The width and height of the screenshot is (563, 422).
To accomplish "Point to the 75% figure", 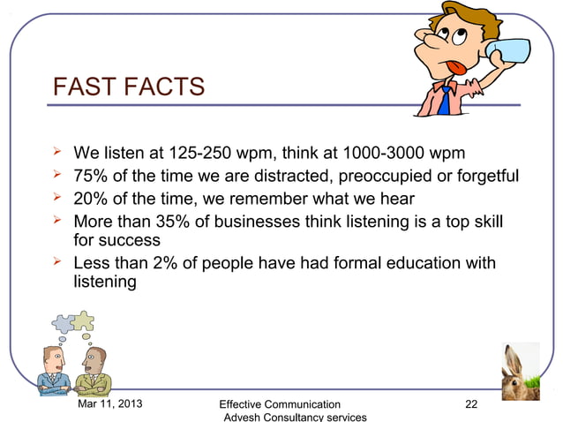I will [x=92, y=174].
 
